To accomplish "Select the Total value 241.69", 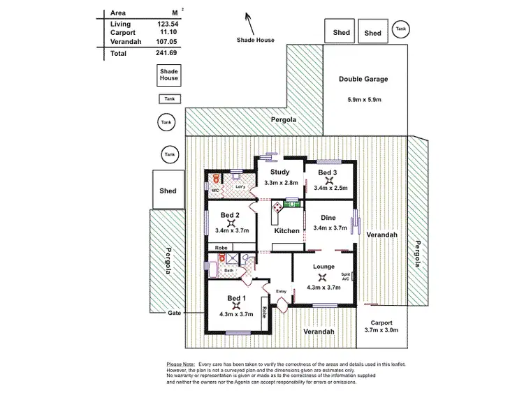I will coord(166,53).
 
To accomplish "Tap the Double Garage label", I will coord(363,79).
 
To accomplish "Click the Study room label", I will coord(280,172).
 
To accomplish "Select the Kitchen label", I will coord(286,230).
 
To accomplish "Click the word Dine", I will coord(328,218).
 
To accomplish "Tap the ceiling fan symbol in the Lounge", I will coord(322,276).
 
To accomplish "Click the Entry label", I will coord(282,291).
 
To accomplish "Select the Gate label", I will coord(174,313).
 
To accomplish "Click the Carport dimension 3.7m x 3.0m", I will coord(381,330).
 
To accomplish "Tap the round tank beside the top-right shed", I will coord(400,29).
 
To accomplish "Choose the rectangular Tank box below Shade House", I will coord(168,99).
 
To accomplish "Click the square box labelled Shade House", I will coord(169,75).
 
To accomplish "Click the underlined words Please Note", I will coord(181,364).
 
